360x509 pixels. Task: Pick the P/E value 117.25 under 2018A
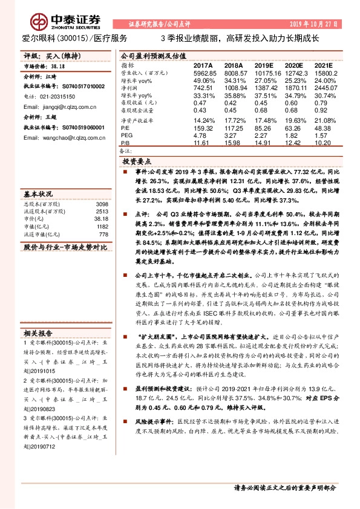[233, 128]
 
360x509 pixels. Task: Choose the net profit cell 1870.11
[296, 88]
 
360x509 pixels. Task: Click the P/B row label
[126, 143]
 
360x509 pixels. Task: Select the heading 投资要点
[137, 163]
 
